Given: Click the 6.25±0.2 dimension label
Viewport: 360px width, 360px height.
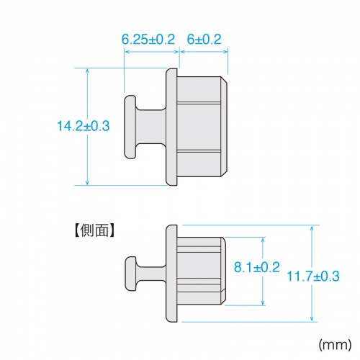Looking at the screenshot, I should pos(148,40).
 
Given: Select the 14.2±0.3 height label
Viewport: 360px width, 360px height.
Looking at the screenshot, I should pos(83,126).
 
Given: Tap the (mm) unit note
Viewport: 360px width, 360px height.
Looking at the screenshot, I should pos(333,344).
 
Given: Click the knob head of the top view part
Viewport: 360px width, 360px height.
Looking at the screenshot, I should pos(131,127).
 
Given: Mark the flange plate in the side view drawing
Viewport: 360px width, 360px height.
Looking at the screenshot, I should pos(172,274).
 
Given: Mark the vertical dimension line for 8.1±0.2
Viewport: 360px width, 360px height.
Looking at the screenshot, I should pos(264,288).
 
